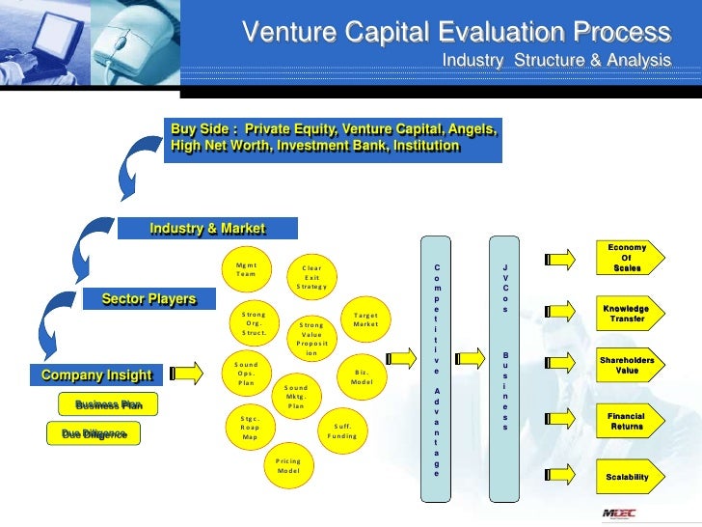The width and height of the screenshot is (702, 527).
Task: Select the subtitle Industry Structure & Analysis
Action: click(x=555, y=62)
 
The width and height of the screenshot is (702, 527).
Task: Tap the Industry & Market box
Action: click(x=207, y=228)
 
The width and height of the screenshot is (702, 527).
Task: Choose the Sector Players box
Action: click(x=148, y=298)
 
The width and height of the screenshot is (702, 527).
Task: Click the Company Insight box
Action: click(x=96, y=374)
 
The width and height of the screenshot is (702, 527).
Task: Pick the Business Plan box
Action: click(x=109, y=405)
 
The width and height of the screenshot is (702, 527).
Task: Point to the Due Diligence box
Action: click(x=94, y=435)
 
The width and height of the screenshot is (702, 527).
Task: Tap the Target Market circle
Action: click(x=366, y=319)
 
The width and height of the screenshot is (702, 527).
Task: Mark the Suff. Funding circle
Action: click(x=342, y=430)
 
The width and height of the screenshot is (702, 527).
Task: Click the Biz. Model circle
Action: click(x=363, y=376)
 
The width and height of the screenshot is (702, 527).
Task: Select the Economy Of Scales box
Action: click(x=626, y=259)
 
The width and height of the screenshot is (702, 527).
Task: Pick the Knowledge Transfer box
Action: click(x=627, y=313)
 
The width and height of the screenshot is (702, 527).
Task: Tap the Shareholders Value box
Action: click(x=627, y=366)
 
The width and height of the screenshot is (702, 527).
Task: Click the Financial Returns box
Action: click(x=627, y=421)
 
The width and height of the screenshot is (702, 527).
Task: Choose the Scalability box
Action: click(x=627, y=477)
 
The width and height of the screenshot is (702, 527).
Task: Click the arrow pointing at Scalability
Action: click(x=561, y=477)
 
